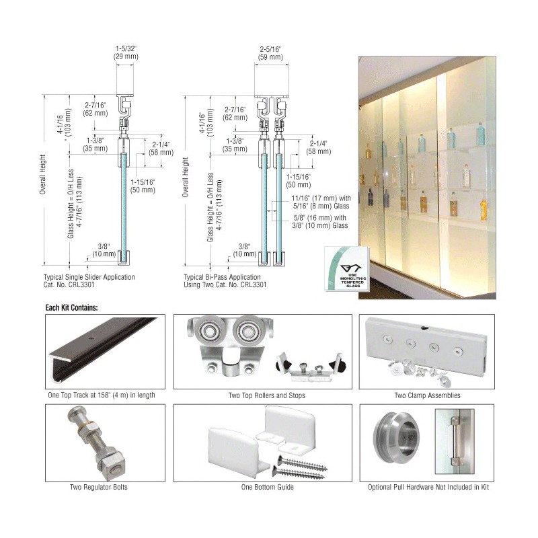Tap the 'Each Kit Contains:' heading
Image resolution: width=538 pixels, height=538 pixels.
(71, 307)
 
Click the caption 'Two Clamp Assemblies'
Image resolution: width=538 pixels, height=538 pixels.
(427, 395)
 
